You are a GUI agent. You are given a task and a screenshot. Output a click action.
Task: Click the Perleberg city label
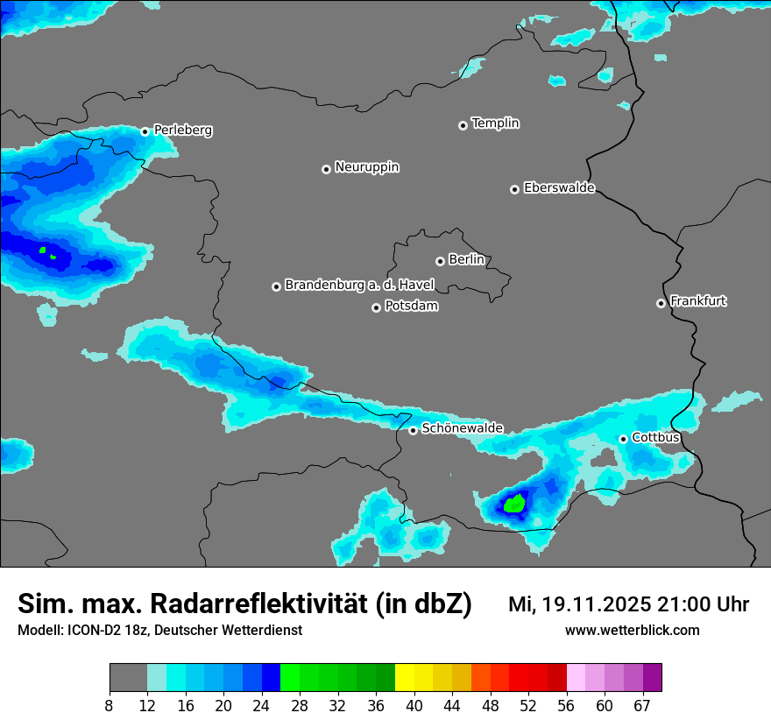tap(182, 131)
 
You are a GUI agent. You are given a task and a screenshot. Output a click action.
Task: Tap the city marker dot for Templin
tap(463, 125)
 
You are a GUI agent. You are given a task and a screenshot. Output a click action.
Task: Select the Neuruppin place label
tap(366, 167)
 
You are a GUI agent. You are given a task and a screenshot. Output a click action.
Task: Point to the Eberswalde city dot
tap(514, 189)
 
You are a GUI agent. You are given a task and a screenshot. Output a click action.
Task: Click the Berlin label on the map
tap(466, 260)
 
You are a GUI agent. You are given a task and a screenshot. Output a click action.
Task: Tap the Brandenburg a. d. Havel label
tap(359, 286)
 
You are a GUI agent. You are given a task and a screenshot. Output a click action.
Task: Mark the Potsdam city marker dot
tap(376, 307)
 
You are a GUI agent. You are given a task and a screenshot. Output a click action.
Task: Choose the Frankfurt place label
tap(697, 301)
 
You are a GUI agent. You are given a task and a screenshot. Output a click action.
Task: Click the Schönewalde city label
tap(462, 428)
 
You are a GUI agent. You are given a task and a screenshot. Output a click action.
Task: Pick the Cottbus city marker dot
tap(623, 439)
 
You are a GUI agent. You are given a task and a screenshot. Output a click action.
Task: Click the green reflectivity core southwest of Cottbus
tap(515, 504)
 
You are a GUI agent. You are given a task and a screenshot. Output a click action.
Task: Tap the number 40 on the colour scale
tap(414, 705)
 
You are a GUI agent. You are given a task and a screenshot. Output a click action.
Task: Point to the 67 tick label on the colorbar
tap(642, 705)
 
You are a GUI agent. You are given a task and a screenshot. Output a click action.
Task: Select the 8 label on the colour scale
tap(110, 705)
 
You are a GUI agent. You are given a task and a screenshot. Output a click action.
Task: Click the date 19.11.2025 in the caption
tap(596, 604)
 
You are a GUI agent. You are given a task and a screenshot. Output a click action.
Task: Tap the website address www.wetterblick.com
tap(632, 631)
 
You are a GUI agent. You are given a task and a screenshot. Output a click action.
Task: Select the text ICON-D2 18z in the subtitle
tap(106, 631)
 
